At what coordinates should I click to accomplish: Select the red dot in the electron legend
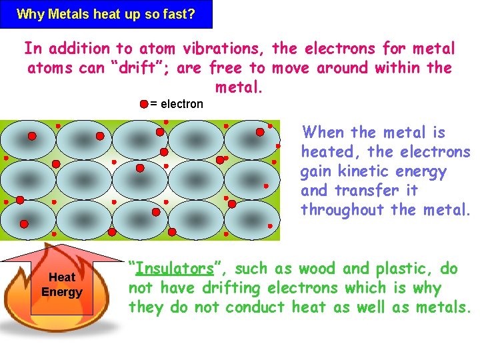(x=144, y=104)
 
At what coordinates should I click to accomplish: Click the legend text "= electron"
(x=176, y=104)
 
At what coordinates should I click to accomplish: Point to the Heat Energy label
(x=61, y=285)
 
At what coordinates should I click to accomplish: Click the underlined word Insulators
(x=175, y=269)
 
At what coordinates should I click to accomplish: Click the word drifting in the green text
(x=231, y=288)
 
